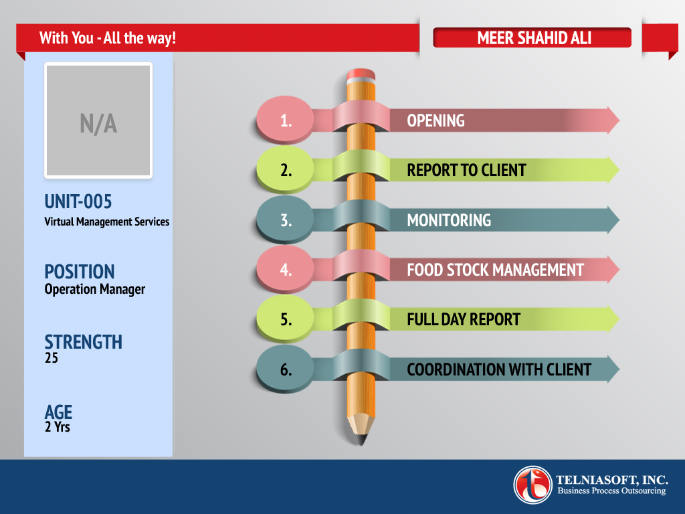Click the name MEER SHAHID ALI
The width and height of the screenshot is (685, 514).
(534, 38)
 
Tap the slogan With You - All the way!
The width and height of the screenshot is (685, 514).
(108, 38)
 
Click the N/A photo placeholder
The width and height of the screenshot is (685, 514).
(98, 120)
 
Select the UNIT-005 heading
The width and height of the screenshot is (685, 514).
(78, 201)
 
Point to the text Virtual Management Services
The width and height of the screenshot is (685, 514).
(106, 222)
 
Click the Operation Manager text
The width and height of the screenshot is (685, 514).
(94, 289)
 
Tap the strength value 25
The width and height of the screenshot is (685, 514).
(51, 358)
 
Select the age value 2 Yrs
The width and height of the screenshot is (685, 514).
(58, 426)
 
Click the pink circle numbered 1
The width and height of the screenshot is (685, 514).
(285, 119)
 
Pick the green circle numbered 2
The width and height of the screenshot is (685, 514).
(285, 169)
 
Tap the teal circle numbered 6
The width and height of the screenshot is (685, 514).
(285, 369)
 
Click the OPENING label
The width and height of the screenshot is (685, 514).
(435, 120)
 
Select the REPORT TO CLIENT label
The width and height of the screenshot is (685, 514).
(466, 170)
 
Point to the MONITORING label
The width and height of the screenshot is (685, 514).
(449, 220)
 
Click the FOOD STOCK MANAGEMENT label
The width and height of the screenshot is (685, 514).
(495, 270)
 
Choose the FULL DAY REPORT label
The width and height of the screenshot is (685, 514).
(464, 319)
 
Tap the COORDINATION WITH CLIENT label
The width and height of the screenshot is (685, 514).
(499, 369)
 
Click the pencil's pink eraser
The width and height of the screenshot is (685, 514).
(361, 74)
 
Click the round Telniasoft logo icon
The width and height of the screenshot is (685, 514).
(532, 485)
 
